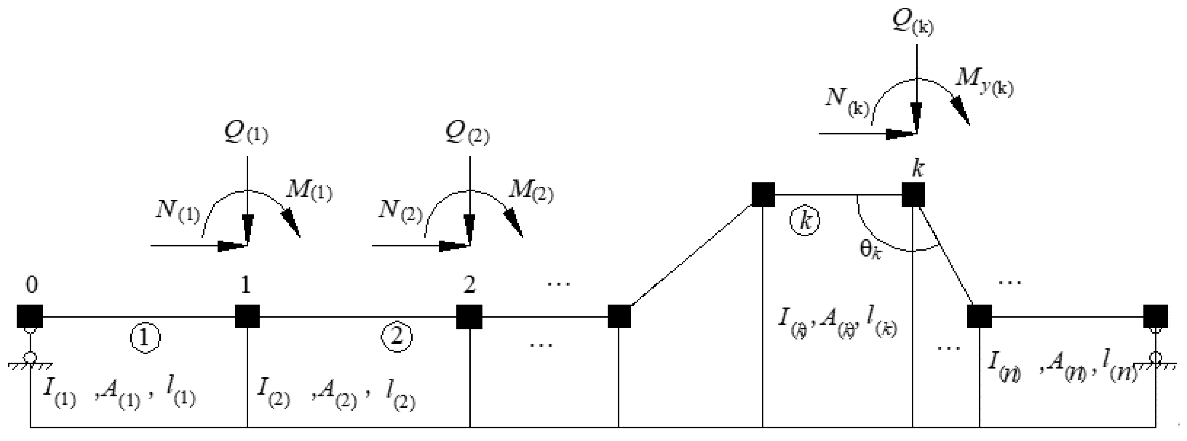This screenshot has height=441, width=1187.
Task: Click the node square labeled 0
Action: [x=30, y=316]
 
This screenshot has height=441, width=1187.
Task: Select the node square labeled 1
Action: [x=247, y=316]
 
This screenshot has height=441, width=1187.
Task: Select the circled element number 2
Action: [x=397, y=337]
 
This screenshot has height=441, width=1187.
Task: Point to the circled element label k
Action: [x=805, y=221]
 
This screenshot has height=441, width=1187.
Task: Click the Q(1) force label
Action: [x=246, y=133]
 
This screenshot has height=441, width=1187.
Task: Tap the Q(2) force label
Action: [x=467, y=133]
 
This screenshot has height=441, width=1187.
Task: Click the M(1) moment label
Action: [x=309, y=190]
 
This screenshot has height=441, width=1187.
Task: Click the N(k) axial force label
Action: [x=847, y=101]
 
